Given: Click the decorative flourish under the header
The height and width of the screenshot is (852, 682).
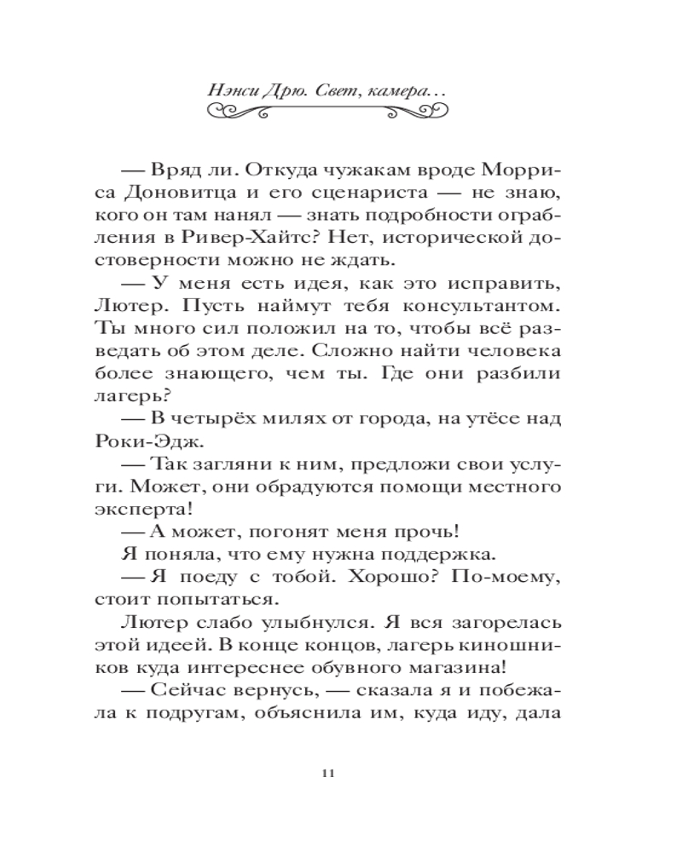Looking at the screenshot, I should [x=328, y=111].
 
